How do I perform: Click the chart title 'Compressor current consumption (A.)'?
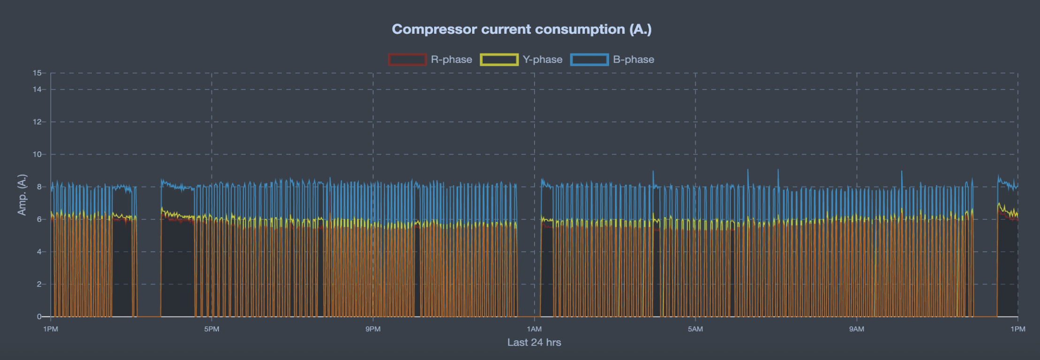point(521,29)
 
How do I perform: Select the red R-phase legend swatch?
point(407,60)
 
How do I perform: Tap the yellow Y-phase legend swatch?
point(499,60)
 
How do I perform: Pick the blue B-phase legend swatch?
point(589,60)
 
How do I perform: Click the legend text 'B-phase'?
point(633,60)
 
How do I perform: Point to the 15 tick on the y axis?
point(37,73)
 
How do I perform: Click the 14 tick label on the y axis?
point(37,89)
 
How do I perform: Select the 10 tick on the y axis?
point(37,154)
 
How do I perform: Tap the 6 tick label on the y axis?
point(39,219)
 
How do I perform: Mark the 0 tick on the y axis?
point(39,316)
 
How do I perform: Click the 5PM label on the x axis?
point(211,329)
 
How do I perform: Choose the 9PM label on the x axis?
point(373,329)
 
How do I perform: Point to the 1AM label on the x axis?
point(534,329)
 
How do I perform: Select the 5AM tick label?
point(695,329)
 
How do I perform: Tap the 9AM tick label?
point(857,329)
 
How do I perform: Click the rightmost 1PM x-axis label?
point(1017,329)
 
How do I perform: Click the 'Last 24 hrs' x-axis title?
point(534,343)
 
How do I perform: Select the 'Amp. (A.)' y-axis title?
point(22,195)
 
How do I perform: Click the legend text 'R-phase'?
point(451,60)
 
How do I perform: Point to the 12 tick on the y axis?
point(37,122)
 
